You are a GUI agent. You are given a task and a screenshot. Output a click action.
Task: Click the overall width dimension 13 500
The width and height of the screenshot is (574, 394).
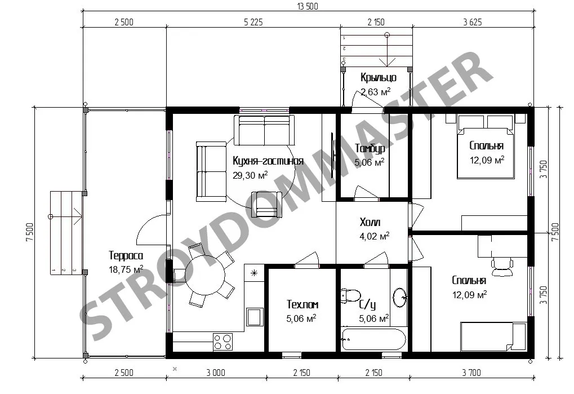pyautogui.click(x=308, y=6)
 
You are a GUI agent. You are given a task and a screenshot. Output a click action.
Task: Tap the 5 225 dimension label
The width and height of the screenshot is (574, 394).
pyautogui.click(x=253, y=22)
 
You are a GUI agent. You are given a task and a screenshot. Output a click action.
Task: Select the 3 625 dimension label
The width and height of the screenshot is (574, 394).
pyautogui.click(x=472, y=22)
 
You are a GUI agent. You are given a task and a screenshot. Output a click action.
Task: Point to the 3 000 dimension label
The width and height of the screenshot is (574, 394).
pyautogui.click(x=216, y=373)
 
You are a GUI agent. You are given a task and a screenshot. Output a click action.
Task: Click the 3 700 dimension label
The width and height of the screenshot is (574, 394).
pyautogui.click(x=471, y=373)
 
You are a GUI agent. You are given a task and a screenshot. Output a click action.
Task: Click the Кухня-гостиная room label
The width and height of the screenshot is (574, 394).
pyautogui.click(x=268, y=161)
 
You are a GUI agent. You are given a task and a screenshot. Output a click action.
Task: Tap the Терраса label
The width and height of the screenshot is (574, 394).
pyautogui.click(x=126, y=255)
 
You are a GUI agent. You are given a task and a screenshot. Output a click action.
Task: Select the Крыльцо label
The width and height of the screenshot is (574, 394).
pyautogui.click(x=378, y=78)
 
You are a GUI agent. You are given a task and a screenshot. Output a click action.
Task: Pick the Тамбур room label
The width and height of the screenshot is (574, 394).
pyautogui.click(x=370, y=148)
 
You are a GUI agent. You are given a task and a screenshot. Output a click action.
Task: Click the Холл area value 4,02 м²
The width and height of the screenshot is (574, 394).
pyautogui.click(x=374, y=236)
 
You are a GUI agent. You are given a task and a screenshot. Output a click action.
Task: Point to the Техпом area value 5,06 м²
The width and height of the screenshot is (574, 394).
pyautogui.click(x=301, y=318)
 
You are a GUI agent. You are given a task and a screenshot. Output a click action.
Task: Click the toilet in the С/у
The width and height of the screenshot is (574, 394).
pyautogui.click(x=351, y=295)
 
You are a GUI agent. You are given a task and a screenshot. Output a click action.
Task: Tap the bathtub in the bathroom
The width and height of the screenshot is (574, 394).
pyautogui.click(x=373, y=339)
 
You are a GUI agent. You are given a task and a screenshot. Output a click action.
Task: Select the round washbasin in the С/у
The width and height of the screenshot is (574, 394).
pyautogui.click(x=400, y=297)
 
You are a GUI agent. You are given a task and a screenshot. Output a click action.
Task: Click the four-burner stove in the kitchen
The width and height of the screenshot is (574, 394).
pyautogui.click(x=223, y=342)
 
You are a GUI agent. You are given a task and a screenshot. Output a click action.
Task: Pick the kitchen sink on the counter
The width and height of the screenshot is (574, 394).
pyautogui.click(x=255, y=316)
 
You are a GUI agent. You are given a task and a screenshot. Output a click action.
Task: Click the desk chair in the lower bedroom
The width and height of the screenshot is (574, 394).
pyautogui.click(x=502, y=267)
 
